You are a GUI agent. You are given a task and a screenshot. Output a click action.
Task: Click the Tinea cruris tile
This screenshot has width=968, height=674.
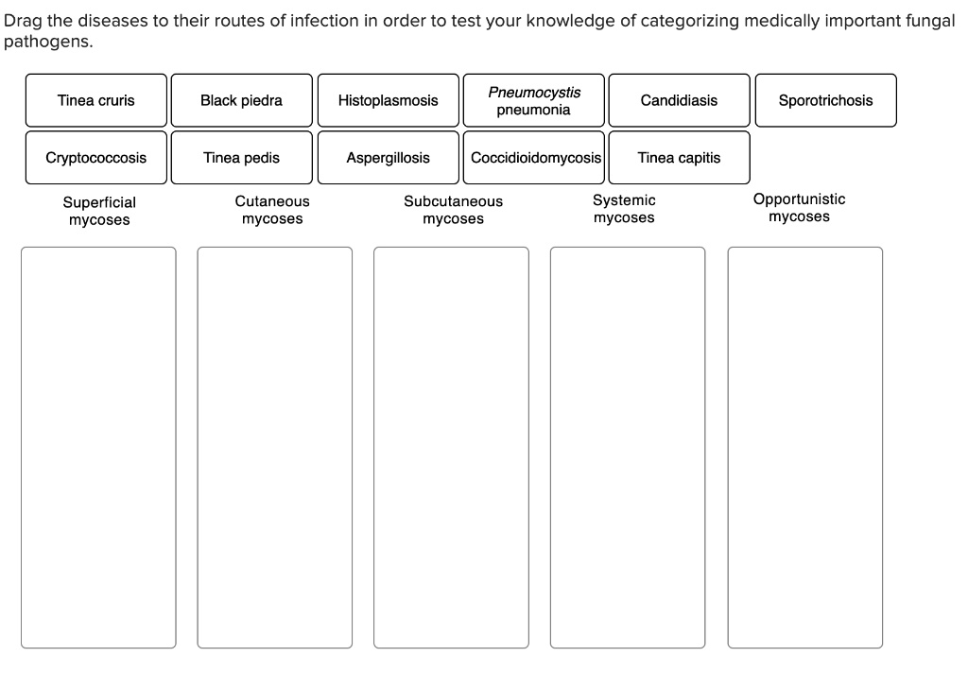(96, 100)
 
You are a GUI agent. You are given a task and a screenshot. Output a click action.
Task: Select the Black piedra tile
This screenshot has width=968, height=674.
(241, 100)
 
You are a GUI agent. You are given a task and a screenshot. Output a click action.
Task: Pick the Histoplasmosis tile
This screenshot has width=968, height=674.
(388, 100)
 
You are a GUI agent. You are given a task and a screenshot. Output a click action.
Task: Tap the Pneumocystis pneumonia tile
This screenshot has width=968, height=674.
(534, 100)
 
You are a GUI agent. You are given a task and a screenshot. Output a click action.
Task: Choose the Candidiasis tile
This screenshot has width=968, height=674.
(679, 100)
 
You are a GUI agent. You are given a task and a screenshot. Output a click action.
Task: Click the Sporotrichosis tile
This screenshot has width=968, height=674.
(825, 100)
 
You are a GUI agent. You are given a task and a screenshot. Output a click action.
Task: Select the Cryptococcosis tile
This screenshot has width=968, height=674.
(96, 158)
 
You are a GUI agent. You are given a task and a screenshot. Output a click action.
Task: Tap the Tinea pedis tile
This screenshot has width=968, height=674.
(241, 158)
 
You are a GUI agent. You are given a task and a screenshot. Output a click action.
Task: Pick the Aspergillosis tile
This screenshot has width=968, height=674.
(388, 158)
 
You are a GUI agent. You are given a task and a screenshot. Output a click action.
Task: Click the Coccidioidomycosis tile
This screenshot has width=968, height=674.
(536, 158)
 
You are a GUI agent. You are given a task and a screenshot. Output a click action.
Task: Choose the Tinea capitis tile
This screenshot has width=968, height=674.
(679, 158)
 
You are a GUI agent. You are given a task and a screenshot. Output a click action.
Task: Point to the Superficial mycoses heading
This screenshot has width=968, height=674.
(99, 211)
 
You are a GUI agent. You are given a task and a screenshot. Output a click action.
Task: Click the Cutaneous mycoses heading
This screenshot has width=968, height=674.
(272, 210)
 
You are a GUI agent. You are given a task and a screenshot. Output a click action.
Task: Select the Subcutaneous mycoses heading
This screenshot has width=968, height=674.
(453, 210)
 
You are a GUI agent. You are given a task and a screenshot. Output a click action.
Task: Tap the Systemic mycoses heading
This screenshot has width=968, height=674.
(624, 209)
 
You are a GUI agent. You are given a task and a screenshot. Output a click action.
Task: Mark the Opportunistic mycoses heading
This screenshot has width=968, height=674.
(799, 208)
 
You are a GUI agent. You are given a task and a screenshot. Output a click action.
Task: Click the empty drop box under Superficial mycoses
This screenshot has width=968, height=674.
(98, 447)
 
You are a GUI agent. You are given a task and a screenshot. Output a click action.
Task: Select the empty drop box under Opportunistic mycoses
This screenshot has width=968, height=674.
(804, 447)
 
